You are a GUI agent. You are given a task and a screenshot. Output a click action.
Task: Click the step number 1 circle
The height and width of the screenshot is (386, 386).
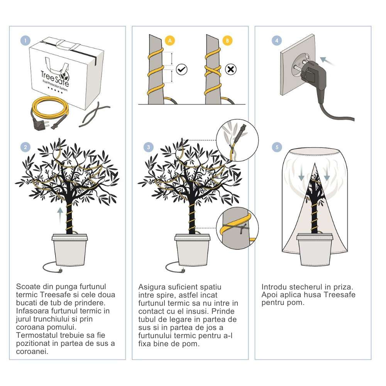pyautogui.click(x=25, y=41)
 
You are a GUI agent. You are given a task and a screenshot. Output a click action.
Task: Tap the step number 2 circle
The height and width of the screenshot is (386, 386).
pyautogui.click(x=25, y=147)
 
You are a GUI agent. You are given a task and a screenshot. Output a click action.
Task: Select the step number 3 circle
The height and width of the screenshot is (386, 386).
pyautogui.click(x=149, y=147)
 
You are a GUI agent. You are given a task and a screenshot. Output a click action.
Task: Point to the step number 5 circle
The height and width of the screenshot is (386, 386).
pyautogui.click(x=276, y=147)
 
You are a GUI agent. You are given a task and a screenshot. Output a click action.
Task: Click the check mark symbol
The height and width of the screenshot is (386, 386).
pyautogui.click(x=181, y=69)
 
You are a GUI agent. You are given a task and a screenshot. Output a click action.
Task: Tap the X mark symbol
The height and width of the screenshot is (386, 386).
pyautogui.click(x=230, y=69)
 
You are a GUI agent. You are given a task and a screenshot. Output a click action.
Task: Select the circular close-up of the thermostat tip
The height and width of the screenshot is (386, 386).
pyautogui.click(x=236, y=140)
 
